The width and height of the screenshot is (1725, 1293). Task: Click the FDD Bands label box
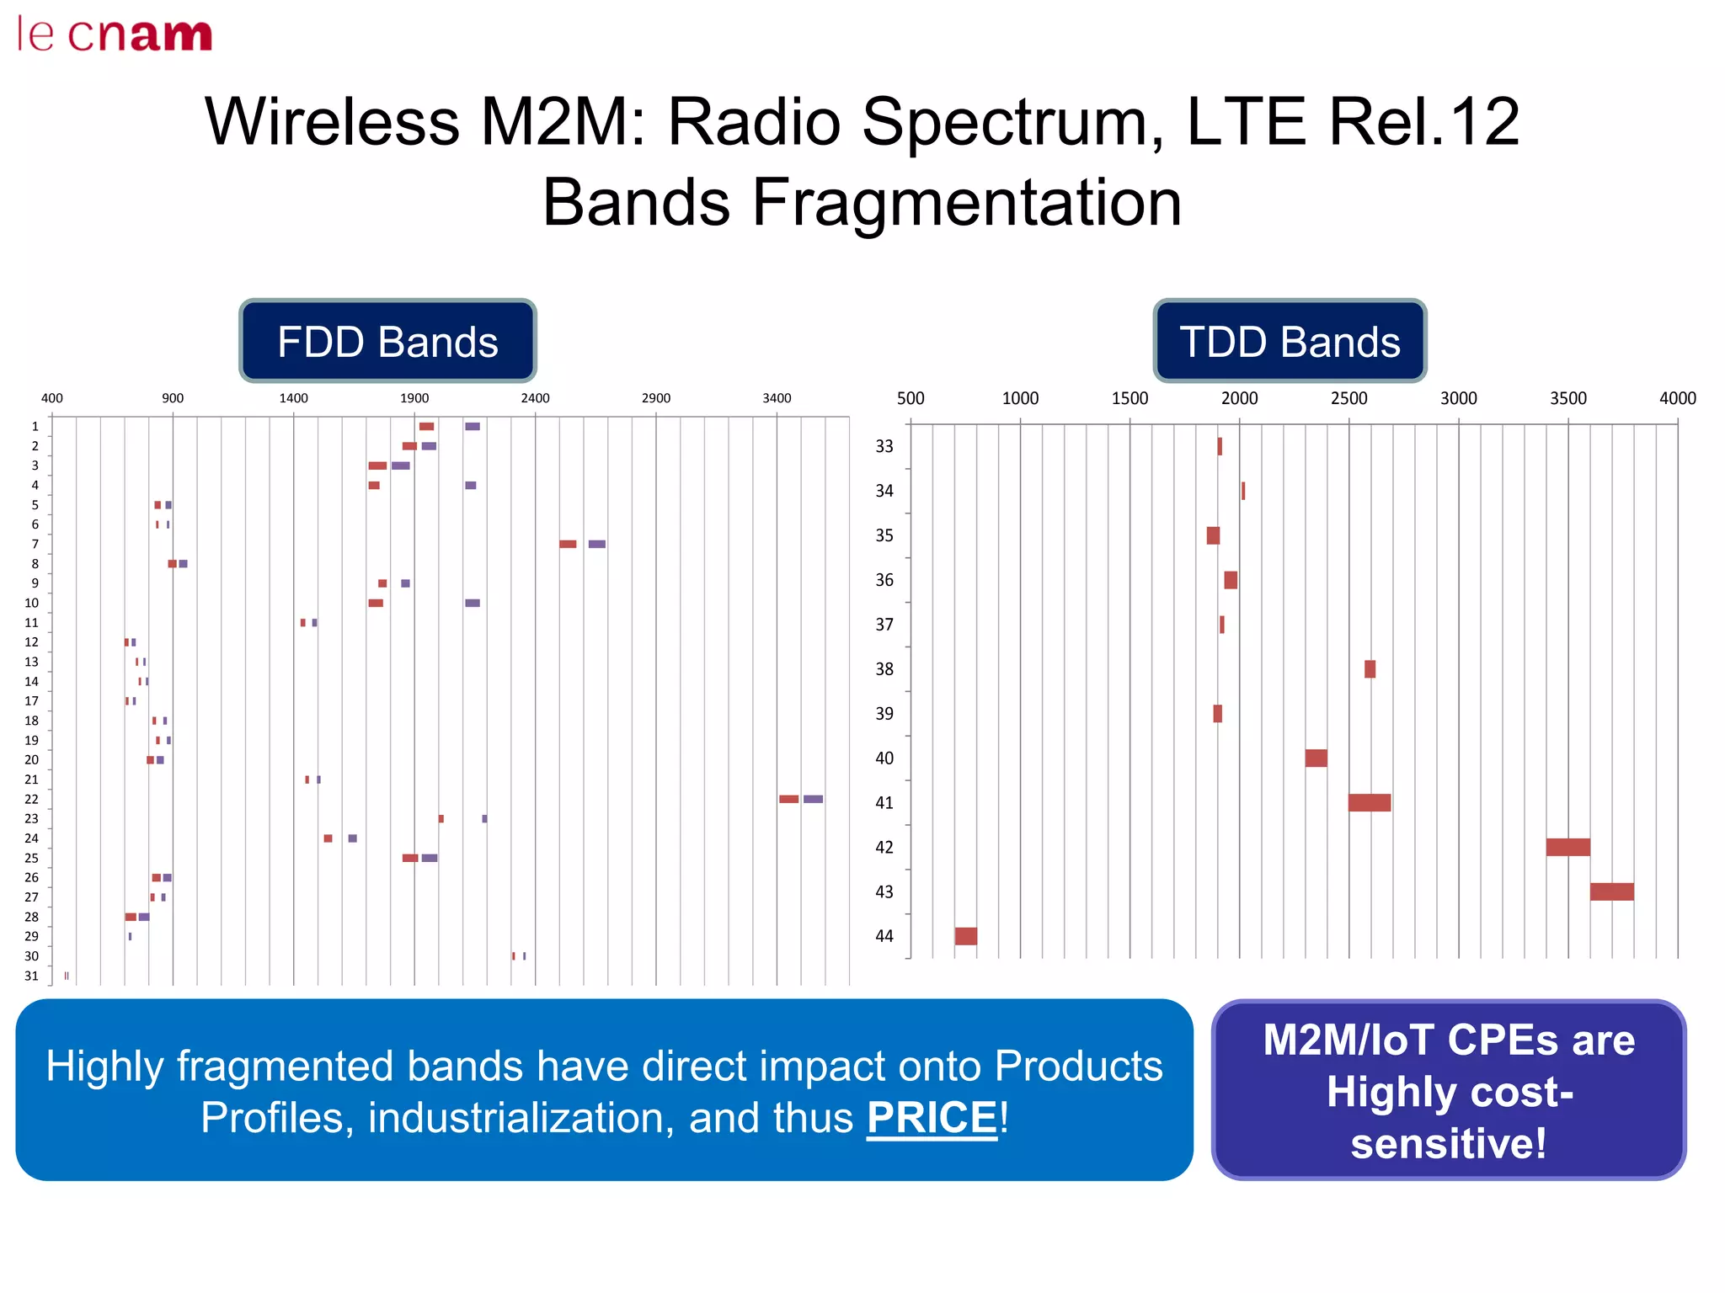click(387, 342)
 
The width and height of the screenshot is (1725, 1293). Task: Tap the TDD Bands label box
click(1290, 342)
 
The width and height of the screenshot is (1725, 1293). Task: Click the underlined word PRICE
click(932, 1118)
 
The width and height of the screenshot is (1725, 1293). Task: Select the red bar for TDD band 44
click(966, 936)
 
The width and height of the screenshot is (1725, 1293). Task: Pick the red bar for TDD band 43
click(1611, 891)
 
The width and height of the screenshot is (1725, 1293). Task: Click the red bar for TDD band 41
click(1369, 802)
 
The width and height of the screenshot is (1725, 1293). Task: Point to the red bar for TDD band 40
click(1316, 758)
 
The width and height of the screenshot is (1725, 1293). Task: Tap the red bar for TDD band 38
click(1370, 669)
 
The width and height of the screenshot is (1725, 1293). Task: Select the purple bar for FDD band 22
click(813, 799)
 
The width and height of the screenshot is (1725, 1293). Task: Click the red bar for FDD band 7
click(568, 544)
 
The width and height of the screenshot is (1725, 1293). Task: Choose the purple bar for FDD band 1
click(473, 427)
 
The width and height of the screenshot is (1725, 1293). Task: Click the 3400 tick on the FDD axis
click(777, 398)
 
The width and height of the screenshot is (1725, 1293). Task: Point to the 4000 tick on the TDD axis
click(1677, 398)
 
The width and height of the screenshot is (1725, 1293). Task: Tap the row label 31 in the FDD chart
click(31, 976)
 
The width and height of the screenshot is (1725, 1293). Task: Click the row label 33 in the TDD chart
click(884, 446)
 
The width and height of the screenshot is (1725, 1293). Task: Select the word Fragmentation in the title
click(966, 203)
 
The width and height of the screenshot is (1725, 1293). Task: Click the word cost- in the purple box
click(1450, 1092)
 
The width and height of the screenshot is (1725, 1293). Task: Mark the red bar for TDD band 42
click(1567, 847)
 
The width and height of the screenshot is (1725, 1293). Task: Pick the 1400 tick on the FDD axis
click(293, 398)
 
